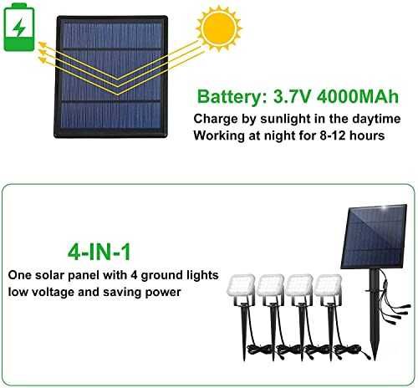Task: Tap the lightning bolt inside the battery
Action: click(19, 27)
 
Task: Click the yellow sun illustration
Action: click(219, 28)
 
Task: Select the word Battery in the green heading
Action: click(231, 96)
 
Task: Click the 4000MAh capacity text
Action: click(358, 96)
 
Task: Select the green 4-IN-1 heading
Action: click(99, 252)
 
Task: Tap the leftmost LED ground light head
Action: click(241, 285)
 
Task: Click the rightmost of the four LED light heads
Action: click(328, 285)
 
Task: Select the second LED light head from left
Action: click(270, 285)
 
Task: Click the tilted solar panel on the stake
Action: click(374, 237)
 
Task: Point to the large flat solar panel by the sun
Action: click(111, 77)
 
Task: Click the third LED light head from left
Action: click(299, 285)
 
